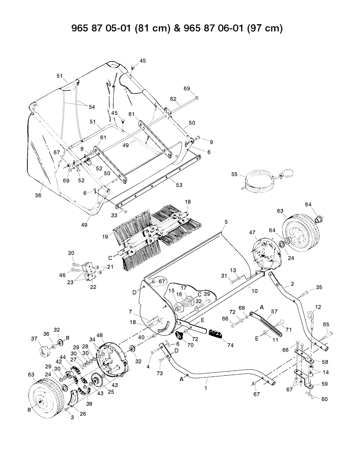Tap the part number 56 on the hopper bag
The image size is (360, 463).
[38, 195]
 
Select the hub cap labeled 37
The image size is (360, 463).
[45, 351]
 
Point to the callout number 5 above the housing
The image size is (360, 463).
[226, 222]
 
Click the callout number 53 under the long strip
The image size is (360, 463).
[179, 185]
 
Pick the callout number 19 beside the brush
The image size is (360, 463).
[105, 237]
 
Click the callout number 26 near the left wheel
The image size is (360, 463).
[83, 414]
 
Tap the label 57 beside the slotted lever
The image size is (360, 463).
[274, 311]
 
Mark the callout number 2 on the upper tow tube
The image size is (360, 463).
[292, 284]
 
